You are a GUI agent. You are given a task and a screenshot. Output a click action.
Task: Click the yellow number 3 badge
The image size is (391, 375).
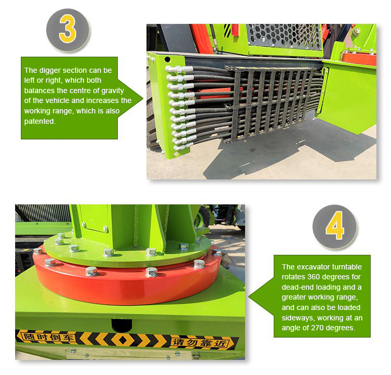click(68, 30)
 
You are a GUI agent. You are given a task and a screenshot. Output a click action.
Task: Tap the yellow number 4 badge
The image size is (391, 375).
click(335, 226)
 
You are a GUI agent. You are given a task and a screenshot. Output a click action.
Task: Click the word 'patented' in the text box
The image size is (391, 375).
click(39, 121)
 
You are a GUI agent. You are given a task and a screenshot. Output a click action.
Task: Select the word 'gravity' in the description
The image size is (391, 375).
click(112, 90)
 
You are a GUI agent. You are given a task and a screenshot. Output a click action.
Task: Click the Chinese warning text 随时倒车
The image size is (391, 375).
click(48, 337)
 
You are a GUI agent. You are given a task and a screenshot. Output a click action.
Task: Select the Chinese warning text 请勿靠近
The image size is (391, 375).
click(200, 343)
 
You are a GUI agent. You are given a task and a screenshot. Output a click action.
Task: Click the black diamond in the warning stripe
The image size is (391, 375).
click(123, 340)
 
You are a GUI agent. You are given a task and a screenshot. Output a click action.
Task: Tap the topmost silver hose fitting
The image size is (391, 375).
click(179, 69)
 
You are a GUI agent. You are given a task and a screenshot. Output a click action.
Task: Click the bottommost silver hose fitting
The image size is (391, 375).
click(184, 147)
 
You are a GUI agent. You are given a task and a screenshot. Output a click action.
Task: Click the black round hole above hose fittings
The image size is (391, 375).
click(167, 59)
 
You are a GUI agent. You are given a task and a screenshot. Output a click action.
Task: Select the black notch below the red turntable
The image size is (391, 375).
click(121, 325)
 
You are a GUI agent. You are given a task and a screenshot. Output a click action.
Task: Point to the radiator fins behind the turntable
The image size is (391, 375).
click(43, 213)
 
